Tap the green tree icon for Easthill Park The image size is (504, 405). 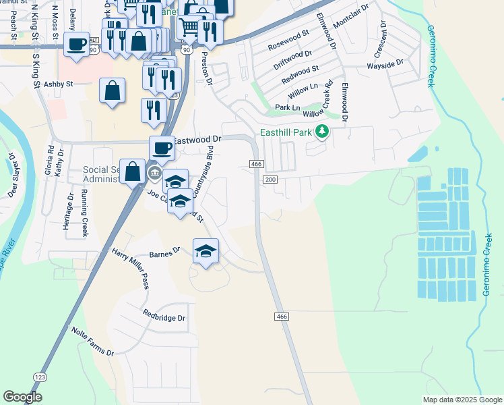[x=322, y=131]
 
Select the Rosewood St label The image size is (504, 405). [x=288, y=41]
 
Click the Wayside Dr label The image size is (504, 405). [x=385, y=63]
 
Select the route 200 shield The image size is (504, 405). [x=270, y=179]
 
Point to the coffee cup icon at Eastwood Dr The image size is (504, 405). [x=162, y=148]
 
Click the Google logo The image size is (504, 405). [x=23, y=397]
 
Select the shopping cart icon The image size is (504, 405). [x=190, y=27]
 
